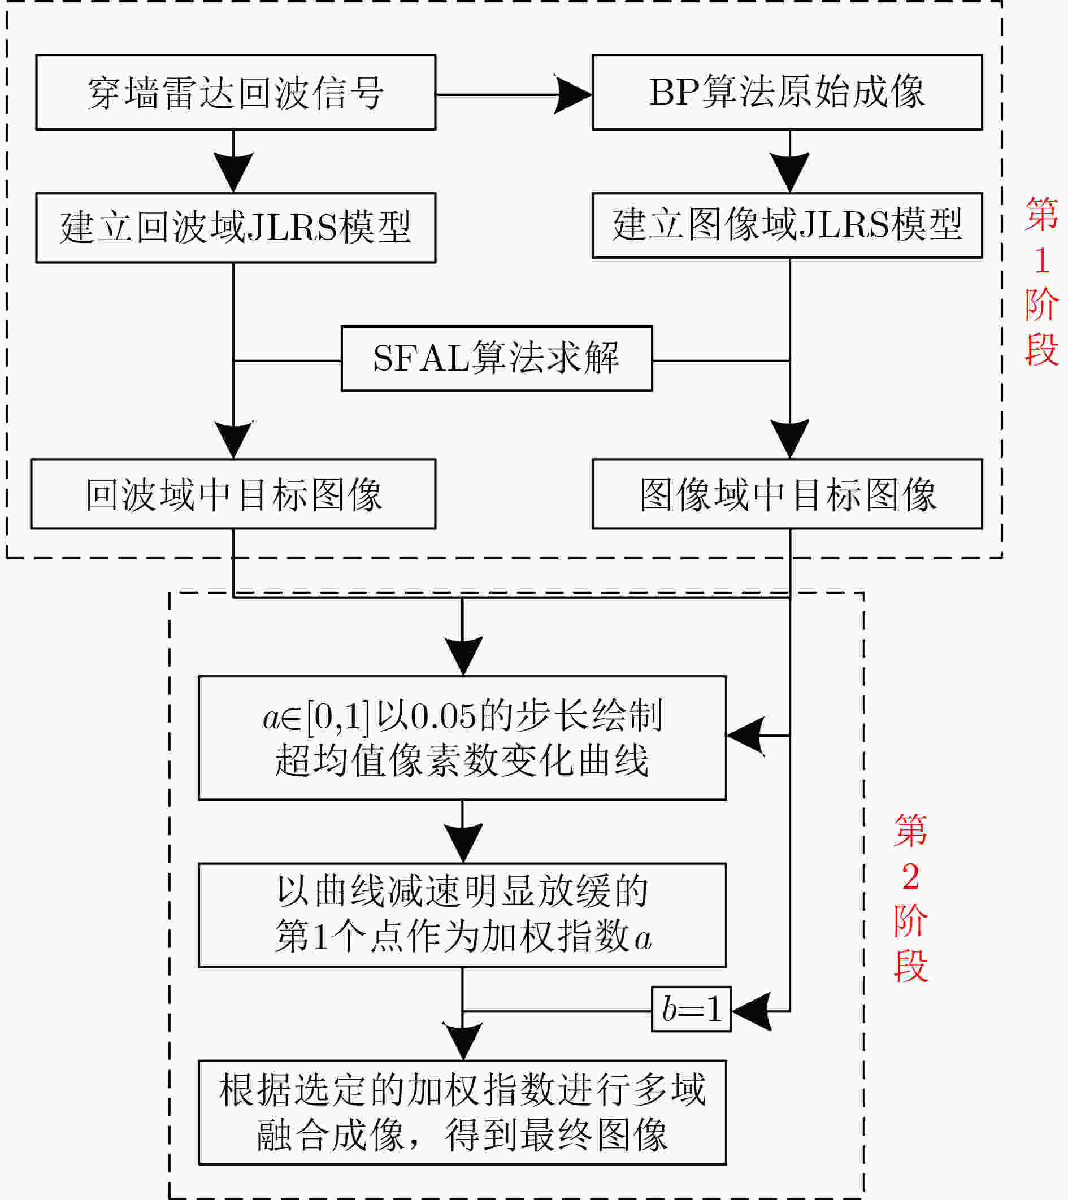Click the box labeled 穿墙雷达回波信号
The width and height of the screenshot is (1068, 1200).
coord(236,92)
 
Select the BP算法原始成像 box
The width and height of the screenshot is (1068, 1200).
coord(787,92)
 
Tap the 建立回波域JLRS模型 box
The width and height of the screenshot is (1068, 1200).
coord(236,228)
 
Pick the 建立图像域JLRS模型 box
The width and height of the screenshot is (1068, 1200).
coord(787,225)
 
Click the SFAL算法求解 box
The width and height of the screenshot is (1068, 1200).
coord(497,358)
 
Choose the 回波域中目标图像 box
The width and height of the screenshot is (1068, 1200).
coord(233,494)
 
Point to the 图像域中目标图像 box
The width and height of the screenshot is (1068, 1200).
coord(787,494)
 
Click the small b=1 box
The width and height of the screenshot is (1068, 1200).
coord(691,1008)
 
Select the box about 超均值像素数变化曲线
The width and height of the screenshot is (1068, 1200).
coord(462,738)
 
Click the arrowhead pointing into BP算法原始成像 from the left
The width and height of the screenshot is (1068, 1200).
coord(573,94)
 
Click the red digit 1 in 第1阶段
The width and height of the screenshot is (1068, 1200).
coord(1041,260)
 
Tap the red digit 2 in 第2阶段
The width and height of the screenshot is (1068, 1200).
coord(911,877)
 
